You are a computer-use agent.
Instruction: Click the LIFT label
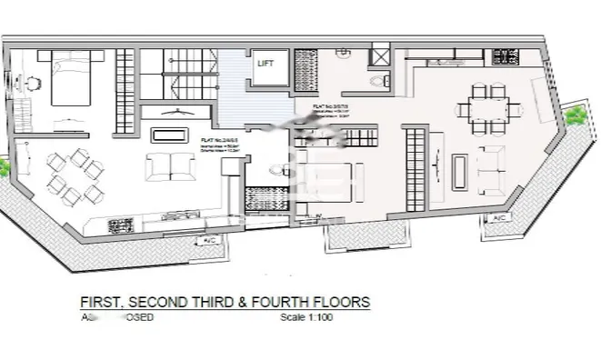coord(266,64)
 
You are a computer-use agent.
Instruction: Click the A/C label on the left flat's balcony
coord(209,240)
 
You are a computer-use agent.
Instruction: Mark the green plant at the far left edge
coord(4,169)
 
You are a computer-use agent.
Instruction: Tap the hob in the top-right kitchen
coord(505,58)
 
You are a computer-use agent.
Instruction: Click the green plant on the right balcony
coord(575,116)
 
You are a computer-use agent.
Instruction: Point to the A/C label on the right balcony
coord(498,219)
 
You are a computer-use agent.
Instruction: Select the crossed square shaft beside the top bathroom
coord(379,56)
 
